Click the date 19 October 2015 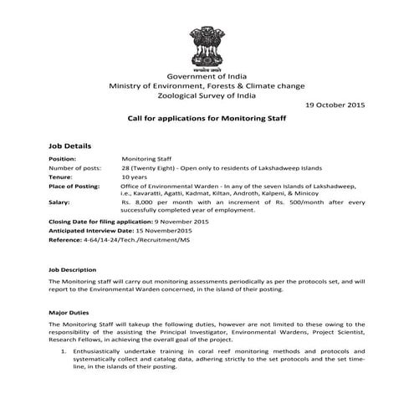tap(335, 105)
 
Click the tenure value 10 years tap(135, 177)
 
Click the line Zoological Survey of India tap(206, 96)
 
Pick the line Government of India tap(206, 76)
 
